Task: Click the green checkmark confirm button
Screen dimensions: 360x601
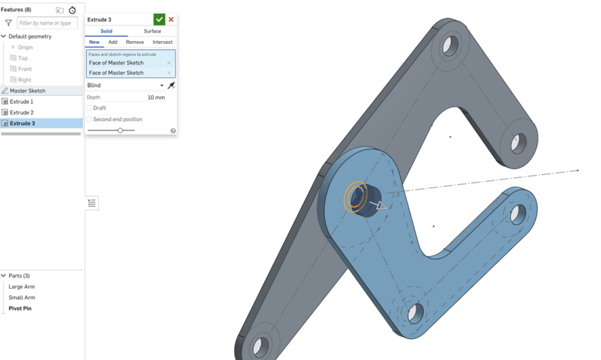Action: point(159,19)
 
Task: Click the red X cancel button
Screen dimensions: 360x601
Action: point(171,19)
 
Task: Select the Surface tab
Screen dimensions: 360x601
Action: point(152,31)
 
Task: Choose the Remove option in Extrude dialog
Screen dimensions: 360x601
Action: point(135,42)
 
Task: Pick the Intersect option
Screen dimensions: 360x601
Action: point(162,42)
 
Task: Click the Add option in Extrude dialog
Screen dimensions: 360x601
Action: point(113,42)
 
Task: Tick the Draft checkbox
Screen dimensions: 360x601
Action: point(89,108)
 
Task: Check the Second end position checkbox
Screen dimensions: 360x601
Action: point(89,119)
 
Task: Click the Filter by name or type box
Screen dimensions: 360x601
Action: point(47,23)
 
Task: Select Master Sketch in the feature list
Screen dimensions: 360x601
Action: point(28,90)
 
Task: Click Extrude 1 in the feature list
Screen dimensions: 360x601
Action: point(22,102)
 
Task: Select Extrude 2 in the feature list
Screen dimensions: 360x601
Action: point(22,112)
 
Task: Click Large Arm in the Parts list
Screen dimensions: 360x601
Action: point(22,286)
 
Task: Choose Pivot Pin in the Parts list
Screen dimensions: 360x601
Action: point(20,308)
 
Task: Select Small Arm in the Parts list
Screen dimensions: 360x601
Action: point(22,298)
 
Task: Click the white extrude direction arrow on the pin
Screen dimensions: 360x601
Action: point(380,206)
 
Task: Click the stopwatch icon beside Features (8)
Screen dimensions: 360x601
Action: point(73,10)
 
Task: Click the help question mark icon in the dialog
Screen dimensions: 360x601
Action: point(173,131)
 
